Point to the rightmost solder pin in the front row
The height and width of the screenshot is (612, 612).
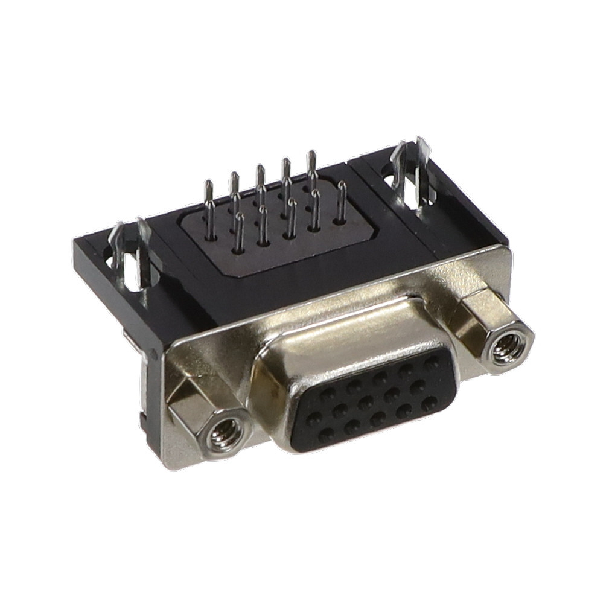click(x=342, y=202)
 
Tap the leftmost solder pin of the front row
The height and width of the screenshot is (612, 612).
click(x=240, y=232)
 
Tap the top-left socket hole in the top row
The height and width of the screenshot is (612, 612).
click(x=328, y=395)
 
